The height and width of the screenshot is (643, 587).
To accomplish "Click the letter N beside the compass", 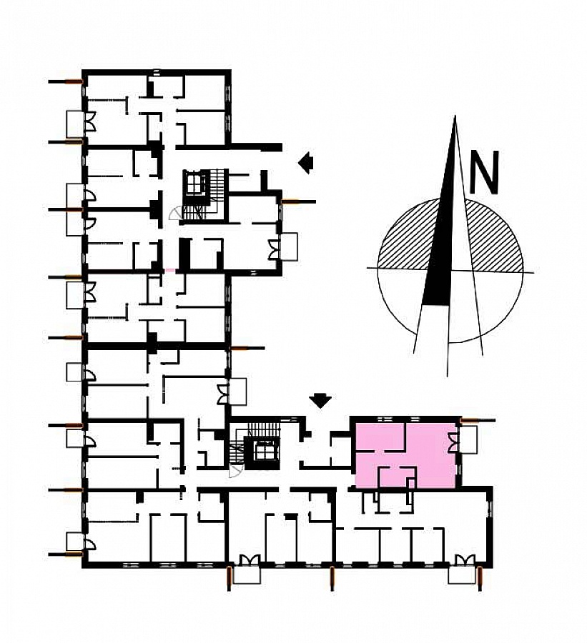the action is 484,171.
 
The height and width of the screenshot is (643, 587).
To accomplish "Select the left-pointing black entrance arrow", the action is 306,163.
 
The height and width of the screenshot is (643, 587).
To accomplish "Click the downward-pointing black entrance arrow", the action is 320,401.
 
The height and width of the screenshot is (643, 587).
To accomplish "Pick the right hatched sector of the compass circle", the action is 495,240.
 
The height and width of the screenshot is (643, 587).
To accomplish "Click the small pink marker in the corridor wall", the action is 170,271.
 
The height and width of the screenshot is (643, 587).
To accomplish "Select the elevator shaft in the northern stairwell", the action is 196,184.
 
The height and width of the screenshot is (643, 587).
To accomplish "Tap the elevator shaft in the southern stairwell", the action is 262,451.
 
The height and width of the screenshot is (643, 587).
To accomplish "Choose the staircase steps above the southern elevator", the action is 262,428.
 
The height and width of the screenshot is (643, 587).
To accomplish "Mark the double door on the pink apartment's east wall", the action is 453,443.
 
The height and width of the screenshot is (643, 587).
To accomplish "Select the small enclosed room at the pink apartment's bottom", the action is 396,477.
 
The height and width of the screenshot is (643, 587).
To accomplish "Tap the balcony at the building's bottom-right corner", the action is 462,575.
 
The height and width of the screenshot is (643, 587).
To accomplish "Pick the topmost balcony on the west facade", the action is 74,124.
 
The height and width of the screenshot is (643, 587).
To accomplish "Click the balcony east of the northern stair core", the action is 289,246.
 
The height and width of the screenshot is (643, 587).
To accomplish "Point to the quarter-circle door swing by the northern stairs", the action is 175,212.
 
